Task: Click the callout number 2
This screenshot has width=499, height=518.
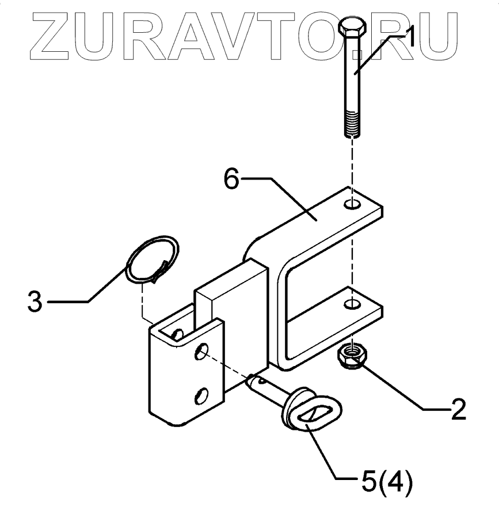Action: pyautogui.click(x=457, y=409)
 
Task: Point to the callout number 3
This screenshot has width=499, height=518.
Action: pyautogui.click(x=35, y=302)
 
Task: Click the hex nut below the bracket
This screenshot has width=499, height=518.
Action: pyautogui.click(x=351, y=356)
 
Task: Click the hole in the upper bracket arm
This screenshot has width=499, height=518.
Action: pyautogui.click(x=354, y=204)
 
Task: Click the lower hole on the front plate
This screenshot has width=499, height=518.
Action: pyautogui.click(x=201, y=396)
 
